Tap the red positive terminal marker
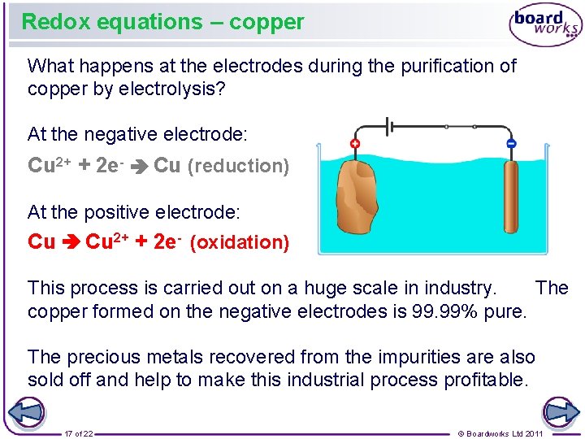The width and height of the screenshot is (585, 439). pyautogui.click(x=354, y=144)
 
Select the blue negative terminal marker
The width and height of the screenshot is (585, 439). pyautogui.click(x=510, y=144)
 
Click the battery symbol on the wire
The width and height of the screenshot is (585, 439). pyautogui.click(x=389, y=127)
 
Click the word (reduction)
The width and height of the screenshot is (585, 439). pyautogui.click(x=238, y=167)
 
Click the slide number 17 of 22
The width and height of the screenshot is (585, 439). pyautogui.click(x=79, y=433)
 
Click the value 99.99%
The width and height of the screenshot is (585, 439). pyautogui.click(x=448, y=311)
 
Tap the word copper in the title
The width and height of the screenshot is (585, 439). pyautogui.click(x=266, y=22)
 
